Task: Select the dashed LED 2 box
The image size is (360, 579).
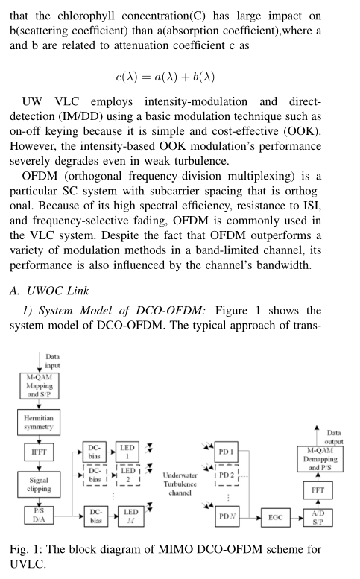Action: pos(129,476)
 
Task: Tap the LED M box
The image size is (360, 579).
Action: pos(129,517)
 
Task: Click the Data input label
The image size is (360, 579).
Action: pos(52,361)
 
